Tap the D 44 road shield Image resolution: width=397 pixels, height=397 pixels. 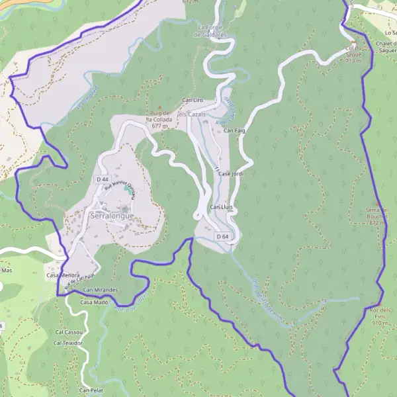(x=102, y=179)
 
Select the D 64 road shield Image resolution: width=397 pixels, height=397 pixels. (x=222, y=236)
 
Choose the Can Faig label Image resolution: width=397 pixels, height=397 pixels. (x=234, y=130)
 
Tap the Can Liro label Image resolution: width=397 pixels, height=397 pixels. (x=192, y=100)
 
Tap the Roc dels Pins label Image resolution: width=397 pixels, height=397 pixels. (x=380, y=316)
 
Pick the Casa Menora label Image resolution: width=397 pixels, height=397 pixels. (x=63, y=275)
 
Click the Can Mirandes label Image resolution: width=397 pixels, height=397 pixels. (x=101, y=290)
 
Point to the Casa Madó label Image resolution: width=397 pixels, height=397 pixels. (x=94, y=302)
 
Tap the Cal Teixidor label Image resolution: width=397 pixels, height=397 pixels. (x=68, y=343)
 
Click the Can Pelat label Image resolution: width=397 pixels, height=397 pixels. (x=93, y=391)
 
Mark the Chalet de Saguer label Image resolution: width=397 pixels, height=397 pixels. (x=386, y=46)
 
